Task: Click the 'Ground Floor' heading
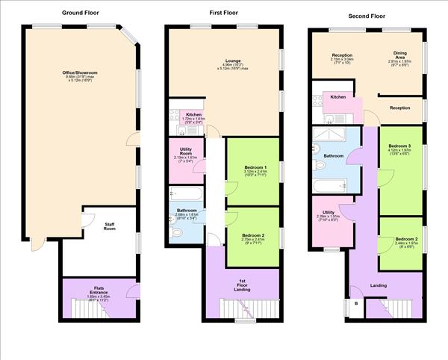coord(79,13)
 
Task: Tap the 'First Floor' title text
coord(224,13)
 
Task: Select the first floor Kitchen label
coord(184,116)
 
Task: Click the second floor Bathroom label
coord(334,156)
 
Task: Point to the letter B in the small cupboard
coord(355,304)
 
